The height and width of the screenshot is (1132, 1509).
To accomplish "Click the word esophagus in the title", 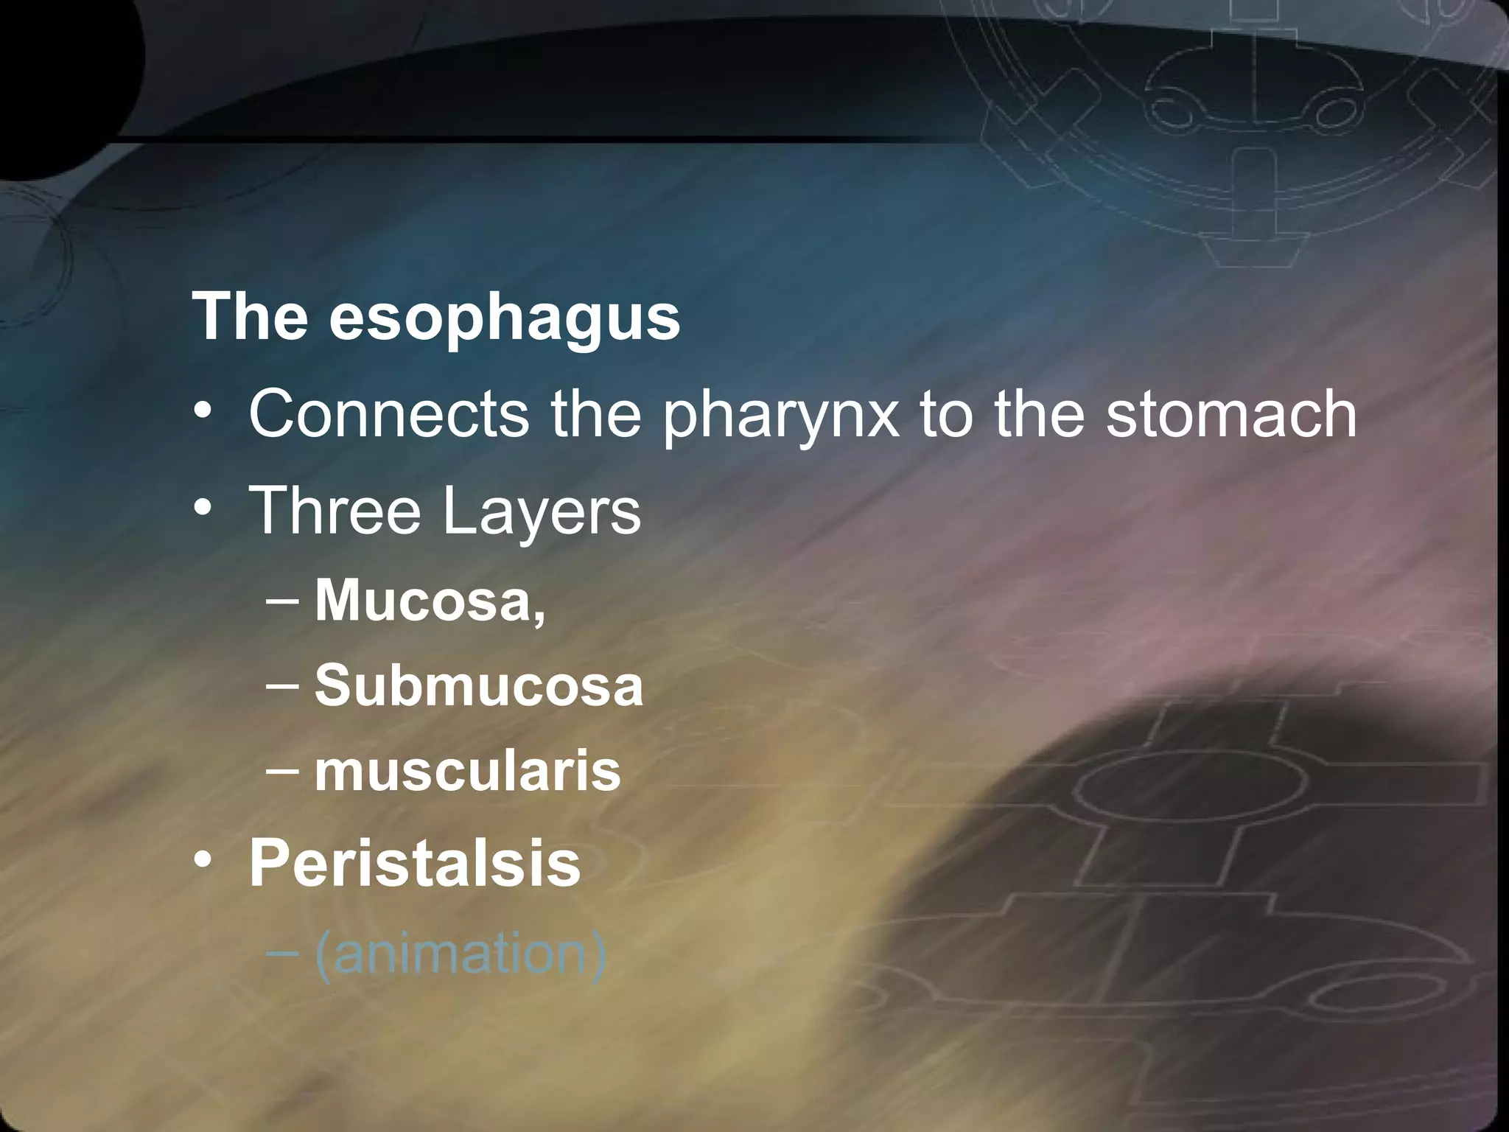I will click(504, 318).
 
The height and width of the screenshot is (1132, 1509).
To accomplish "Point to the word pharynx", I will click(780, 417).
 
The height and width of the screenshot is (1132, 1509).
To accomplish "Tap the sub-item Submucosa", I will click(479, 685).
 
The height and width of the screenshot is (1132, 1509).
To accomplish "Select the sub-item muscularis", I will click(468, 772).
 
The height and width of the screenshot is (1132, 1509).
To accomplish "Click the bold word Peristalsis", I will click(415, 863).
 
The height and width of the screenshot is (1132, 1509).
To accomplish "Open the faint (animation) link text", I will click(461, 955).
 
